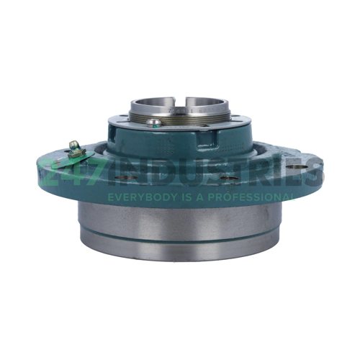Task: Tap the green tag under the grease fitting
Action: pos(72,160)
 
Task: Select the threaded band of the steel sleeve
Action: pos(180,118)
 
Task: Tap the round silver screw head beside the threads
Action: pos(154,122)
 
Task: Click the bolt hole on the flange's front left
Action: pos(127,178)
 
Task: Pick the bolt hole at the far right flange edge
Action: pos(297,167)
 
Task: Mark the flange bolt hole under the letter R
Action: pos(229,179)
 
